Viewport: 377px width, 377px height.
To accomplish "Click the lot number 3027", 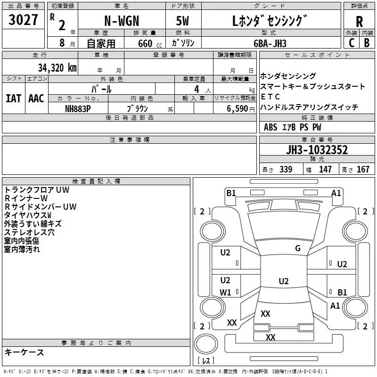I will point(24,21).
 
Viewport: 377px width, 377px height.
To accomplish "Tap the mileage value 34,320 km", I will point(57,67).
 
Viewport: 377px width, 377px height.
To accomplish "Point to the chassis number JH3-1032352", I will point(317,150).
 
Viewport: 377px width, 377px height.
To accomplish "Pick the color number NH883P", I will point(78,108).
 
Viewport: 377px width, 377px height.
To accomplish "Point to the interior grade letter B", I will point(367,43).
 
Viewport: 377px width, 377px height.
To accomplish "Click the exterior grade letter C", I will point(352,43).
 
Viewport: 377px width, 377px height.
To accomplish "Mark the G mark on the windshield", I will point(297,248).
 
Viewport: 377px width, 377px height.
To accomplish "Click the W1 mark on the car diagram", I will point(225,293).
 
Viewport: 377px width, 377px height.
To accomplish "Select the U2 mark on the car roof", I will point(283,281).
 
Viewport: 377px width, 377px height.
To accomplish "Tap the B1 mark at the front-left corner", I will point(231,193).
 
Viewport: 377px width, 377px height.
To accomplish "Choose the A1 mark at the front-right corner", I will point(336,193).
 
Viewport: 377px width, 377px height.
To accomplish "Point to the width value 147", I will point(325,170).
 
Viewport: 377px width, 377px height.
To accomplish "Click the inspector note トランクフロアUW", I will point(37,189).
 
